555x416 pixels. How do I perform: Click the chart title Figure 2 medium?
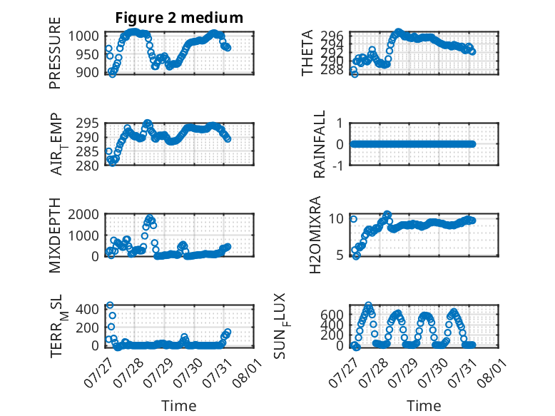tap(179, 18)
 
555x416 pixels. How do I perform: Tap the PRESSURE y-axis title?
tap(55, 53)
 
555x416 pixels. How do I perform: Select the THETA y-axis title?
tap(307, 53)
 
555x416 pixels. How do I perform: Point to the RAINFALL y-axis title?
tap(319, 144)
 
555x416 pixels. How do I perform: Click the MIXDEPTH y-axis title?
tap(55, 235)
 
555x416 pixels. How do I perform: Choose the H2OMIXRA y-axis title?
tap(315, 235)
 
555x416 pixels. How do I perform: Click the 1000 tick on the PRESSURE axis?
tap(83, 36)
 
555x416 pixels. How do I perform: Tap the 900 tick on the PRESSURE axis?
tap(87, 72)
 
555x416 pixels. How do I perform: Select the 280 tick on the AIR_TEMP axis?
tap(87, 166)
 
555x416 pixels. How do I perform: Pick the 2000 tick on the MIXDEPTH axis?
tap(83, 214)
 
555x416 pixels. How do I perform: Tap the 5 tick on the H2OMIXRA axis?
tap(340, 255)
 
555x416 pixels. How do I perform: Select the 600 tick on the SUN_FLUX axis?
tap(332, 315)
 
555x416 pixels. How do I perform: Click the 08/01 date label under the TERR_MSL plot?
tap(248, 372)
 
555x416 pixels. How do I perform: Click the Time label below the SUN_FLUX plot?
tap(424, 406)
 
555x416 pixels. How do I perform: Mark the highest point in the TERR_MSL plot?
tap(110, 305)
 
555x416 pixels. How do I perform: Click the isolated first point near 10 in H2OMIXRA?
tap(354, 219)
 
